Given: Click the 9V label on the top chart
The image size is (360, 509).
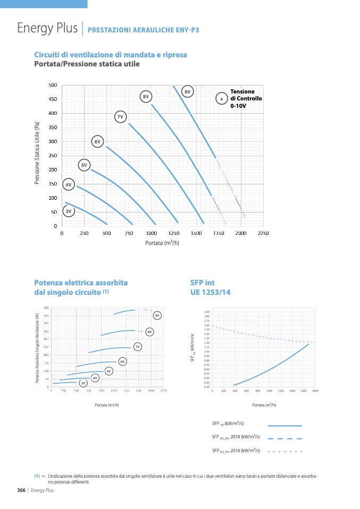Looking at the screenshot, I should pos(187,92).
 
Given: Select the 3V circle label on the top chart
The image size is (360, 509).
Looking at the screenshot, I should pos(68,211).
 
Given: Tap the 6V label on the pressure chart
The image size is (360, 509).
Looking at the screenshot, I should pos(97,142).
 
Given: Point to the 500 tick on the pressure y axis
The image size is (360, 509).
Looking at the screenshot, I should pos(53,85).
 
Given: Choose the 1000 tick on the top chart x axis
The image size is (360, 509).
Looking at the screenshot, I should pos(152,233).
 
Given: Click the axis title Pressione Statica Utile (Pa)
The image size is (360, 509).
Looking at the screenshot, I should pos(37,154).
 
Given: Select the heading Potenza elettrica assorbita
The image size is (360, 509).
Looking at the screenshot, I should pos(81,283).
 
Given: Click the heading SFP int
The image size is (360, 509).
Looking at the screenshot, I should pos(202,283).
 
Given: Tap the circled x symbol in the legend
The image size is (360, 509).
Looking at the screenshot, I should pos(222,99).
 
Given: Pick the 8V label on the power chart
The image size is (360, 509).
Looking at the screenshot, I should pos(150,332).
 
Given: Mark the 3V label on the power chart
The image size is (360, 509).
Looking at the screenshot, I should pos(82,383).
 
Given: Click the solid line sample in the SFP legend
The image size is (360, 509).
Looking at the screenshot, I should pos(284,426).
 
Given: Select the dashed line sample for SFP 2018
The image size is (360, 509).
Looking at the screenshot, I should pos(284,438).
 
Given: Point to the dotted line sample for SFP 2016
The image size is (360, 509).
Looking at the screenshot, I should pos(284,451).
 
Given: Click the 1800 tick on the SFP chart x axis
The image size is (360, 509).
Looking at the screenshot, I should pos(315,391).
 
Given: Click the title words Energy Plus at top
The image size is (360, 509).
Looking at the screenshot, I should pos(47,28).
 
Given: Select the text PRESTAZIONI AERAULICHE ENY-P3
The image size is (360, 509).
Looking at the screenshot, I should pos(143,30).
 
